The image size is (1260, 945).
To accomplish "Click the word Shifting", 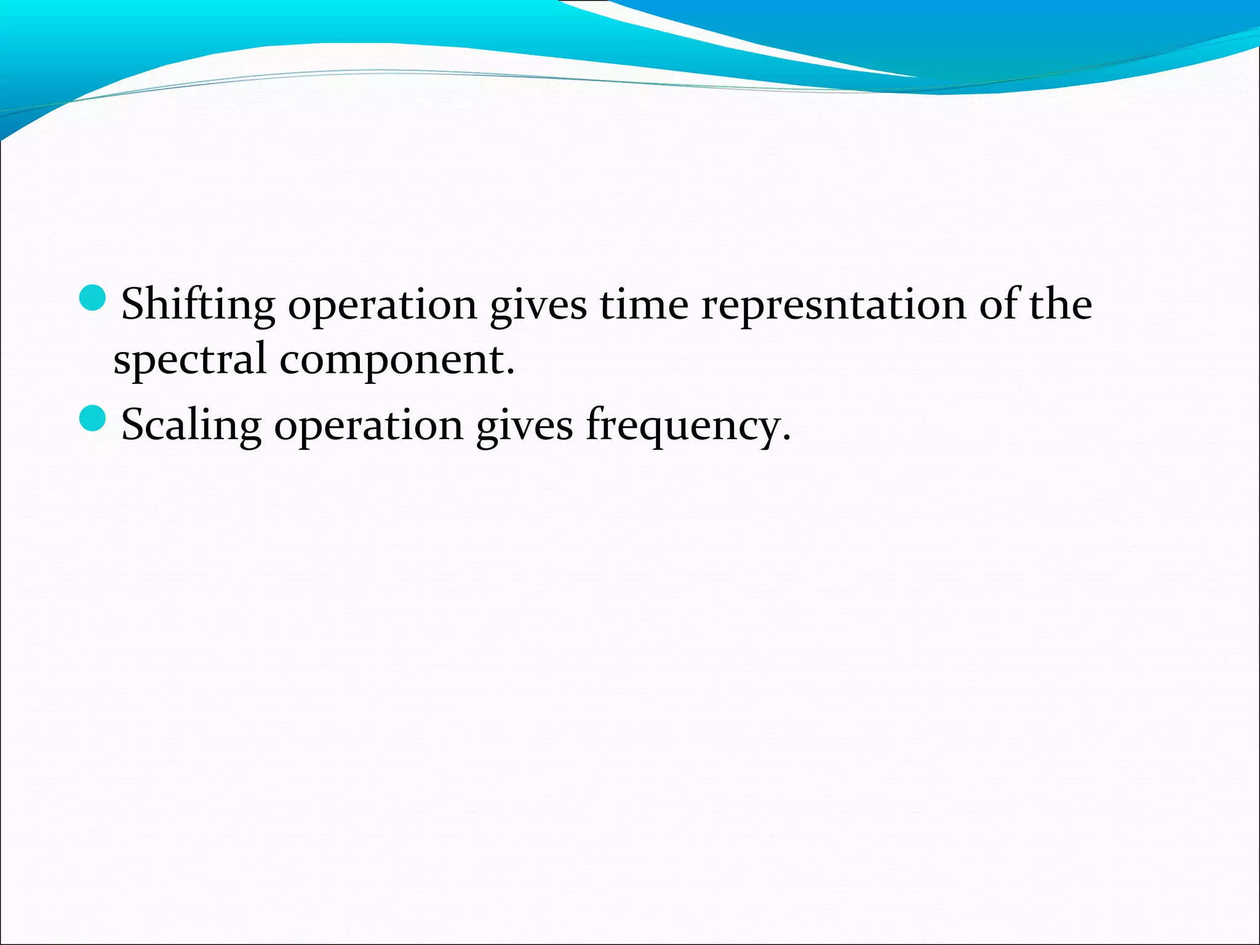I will tap(198, 306).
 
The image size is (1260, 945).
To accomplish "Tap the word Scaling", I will tap(191, 426).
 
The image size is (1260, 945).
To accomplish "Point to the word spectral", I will tap(189, 360).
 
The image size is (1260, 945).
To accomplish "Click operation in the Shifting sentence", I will tap(382, 306).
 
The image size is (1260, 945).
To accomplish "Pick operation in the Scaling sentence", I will tap(368, 426).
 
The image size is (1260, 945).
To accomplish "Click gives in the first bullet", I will tap(538, 306).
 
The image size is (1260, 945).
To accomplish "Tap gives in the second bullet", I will tap(524, 426).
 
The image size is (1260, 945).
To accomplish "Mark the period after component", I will tap(511, 373).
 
